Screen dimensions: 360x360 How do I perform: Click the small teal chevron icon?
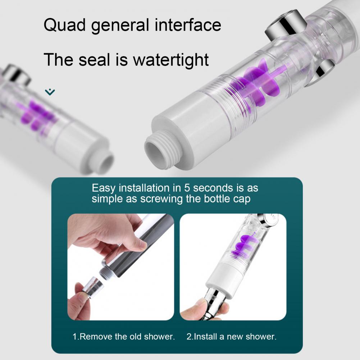(x=50, y=92)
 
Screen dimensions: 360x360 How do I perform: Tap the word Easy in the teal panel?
(x=105, y=188)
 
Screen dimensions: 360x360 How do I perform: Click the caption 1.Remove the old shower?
(x=123, y=337)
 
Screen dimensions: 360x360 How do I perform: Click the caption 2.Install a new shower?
(x=231, y=337)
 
